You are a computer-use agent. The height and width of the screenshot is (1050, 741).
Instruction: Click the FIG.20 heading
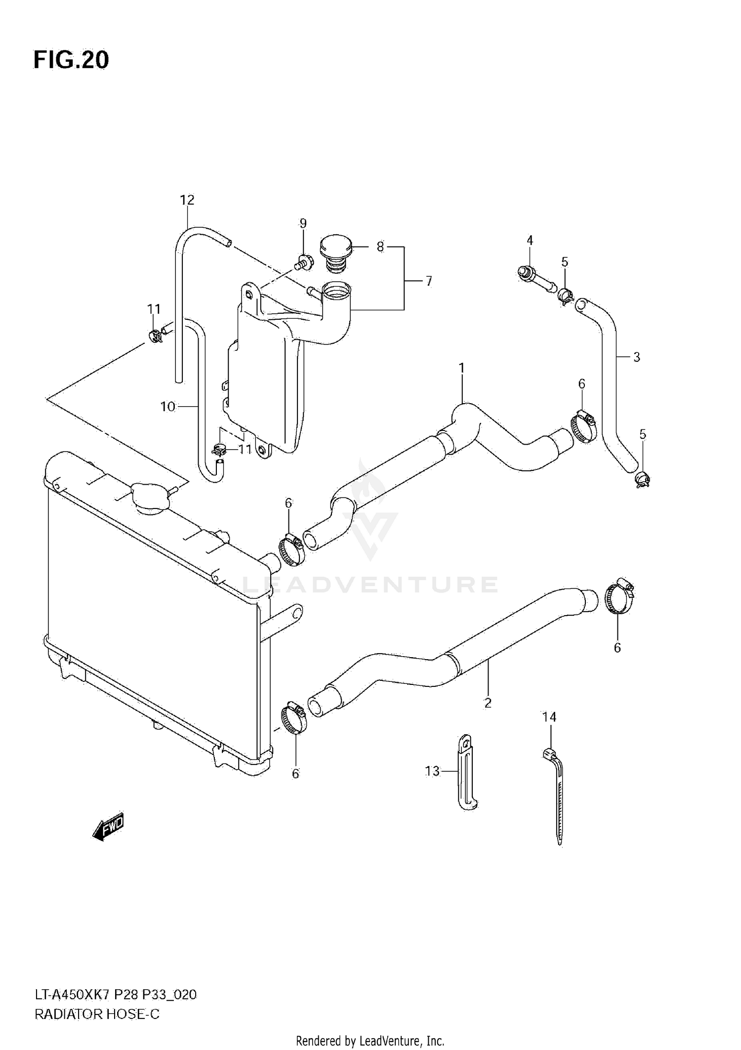point(71,60)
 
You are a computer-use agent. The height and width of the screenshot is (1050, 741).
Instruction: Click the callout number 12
point(187,200)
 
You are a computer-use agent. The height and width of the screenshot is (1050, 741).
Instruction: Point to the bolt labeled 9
point(303,261)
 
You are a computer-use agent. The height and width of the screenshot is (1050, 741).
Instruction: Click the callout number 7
point(428,281)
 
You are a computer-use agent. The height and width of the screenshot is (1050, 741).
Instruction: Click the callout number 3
point(636,357)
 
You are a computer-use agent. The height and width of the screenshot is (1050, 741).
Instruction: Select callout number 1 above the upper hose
point(461,368)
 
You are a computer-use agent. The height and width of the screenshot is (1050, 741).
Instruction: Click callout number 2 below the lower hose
point(488,703)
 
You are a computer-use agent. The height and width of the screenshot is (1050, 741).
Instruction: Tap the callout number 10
point(168,407)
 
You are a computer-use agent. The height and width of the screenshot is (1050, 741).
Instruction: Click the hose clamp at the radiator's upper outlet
point(291,550)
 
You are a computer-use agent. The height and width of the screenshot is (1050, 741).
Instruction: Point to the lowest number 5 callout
point(642,434)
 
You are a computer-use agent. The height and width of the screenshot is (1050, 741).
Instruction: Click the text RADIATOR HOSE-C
point(97,1014)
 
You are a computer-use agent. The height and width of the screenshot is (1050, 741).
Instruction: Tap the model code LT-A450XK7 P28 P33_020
point(115,995)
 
